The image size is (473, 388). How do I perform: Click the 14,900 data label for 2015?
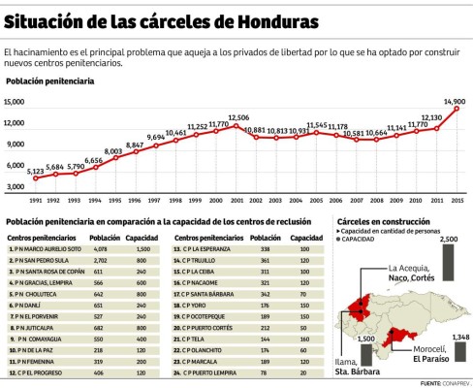pos(455,100)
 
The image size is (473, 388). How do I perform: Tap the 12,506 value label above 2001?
pos(238,117)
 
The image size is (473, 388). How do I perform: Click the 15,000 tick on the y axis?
pos(14,101)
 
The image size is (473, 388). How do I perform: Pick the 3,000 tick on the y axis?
pos(16,186)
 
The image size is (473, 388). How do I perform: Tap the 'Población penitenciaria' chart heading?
pos(49,81)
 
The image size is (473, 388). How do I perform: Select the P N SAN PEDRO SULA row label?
pos(41,261)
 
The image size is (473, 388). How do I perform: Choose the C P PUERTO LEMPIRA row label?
pos(205,372)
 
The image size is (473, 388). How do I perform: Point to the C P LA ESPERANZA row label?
pos(205,248)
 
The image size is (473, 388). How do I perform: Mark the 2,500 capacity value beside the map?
pos(448,239)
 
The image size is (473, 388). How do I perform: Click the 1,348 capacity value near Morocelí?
pos(460,337)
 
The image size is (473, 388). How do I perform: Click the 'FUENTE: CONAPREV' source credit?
pos(443,383)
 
